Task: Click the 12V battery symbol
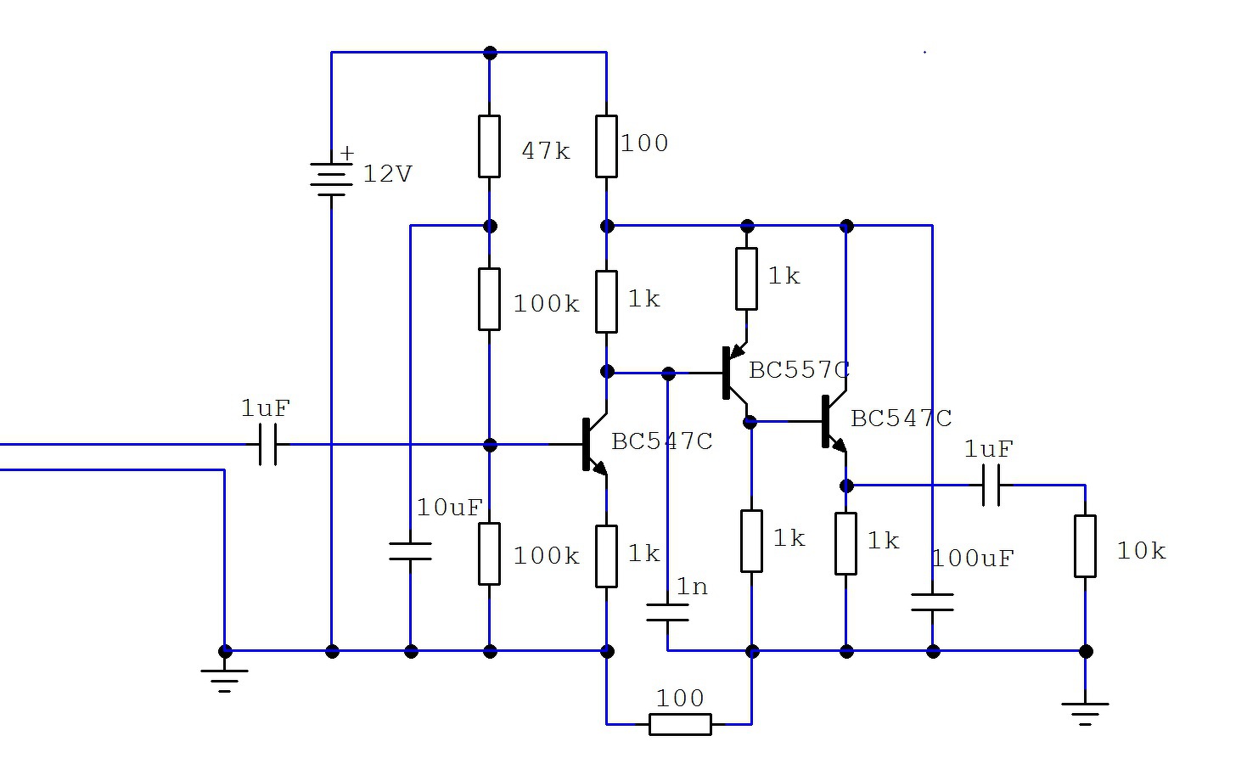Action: pos(331,179)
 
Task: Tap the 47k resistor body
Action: pos(489,146)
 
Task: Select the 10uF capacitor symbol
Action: pos(410,551)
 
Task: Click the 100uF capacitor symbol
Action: pos(932,602)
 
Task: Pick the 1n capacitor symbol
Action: pos(667,612)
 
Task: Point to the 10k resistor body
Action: pos(1085,546)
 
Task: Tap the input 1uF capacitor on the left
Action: pos(267,444)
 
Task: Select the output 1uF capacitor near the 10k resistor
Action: pos(991,485)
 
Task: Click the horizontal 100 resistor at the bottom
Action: pos(680,724)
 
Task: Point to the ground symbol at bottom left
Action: pos(224,680)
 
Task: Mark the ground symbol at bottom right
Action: pos(1085,715)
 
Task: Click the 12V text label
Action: pos(387,174)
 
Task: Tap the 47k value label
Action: pos(546,151)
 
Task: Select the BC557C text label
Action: pos(799,370)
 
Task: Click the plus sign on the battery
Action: pos(347,153)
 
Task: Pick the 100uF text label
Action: pos(973,559)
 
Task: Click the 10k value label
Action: pos(1141,551)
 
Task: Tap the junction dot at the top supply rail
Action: pos(490,53)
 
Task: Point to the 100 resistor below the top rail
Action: pos(606,146)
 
